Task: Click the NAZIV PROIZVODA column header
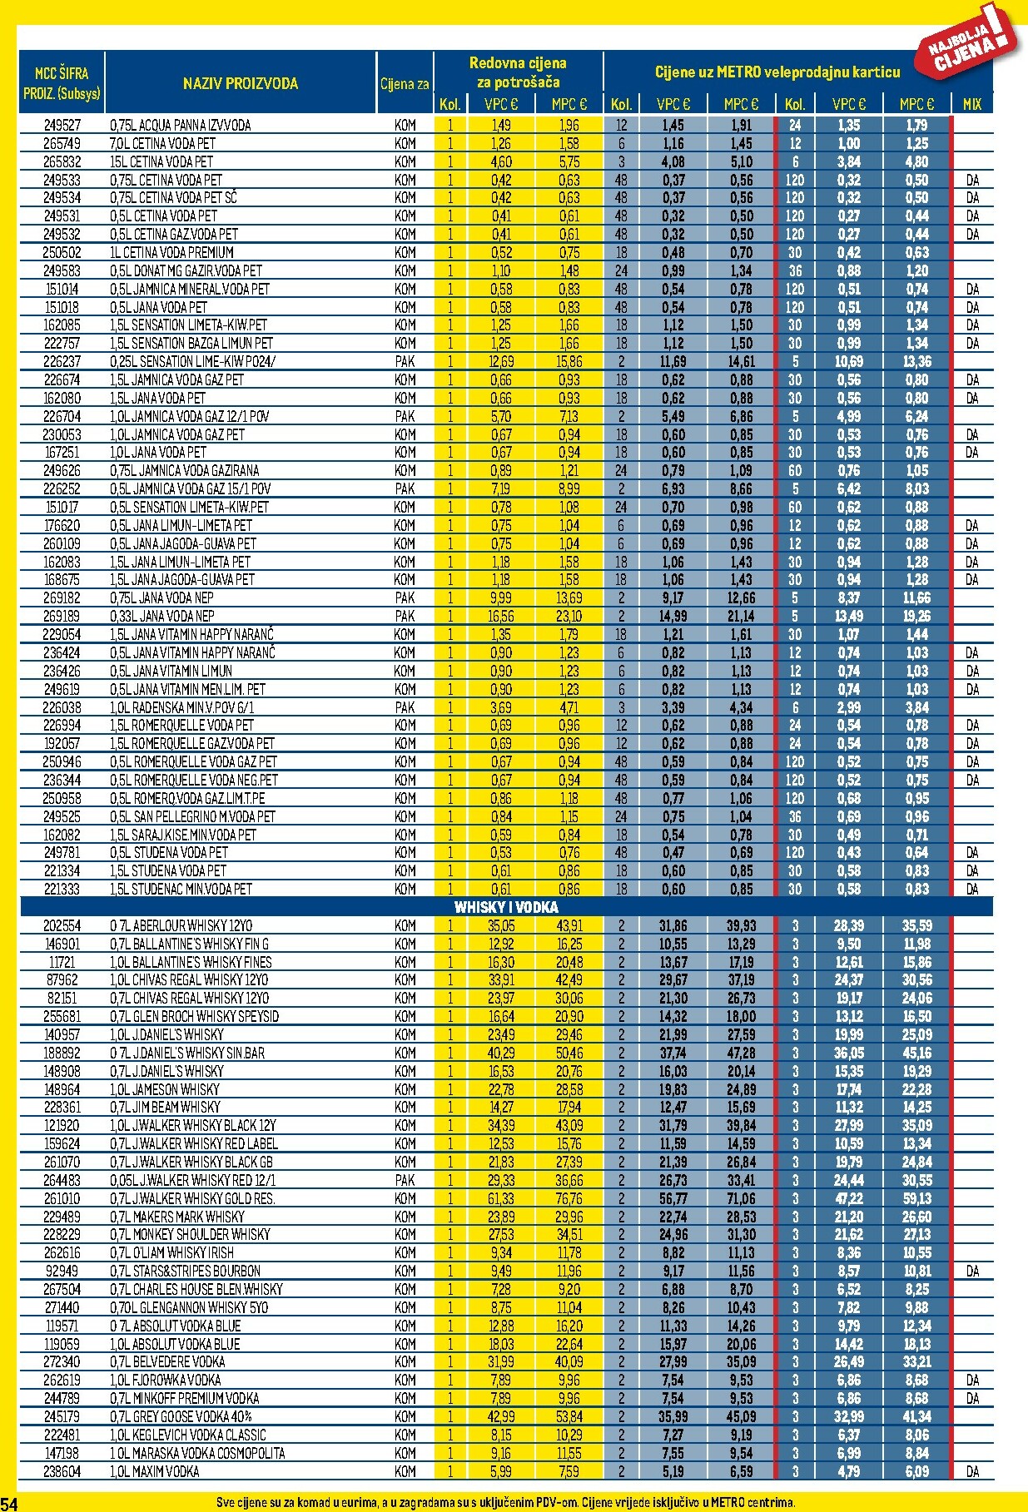240,83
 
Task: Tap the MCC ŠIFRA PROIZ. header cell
62,82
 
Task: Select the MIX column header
971,105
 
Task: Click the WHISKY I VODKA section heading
506,907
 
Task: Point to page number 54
9,1503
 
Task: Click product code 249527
62,126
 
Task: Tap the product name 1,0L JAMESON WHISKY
165,1089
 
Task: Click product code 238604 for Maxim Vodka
62,1471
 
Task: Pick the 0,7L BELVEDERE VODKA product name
167,1361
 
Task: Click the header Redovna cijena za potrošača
518,72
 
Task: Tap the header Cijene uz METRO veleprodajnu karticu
777,72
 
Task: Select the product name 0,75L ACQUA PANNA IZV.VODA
180,126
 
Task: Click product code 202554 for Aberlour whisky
62,926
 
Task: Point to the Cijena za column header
405,84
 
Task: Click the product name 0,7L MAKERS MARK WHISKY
177,1217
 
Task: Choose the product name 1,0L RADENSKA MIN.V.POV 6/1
182,707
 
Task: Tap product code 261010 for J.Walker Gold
62,1198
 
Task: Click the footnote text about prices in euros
505,1502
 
